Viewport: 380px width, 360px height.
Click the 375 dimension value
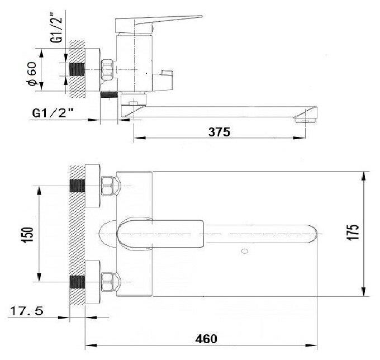(219, 132)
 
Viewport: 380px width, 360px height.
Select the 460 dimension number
(206, 339)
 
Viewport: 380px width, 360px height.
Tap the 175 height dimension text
(353, 233)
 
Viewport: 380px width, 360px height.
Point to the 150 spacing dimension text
(27, 235)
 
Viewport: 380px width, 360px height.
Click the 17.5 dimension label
(26, 311)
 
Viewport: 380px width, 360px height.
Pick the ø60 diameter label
(32, 74)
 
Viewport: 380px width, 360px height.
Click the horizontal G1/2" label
(53, 113)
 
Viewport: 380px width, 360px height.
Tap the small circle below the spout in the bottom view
(245, 251)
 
